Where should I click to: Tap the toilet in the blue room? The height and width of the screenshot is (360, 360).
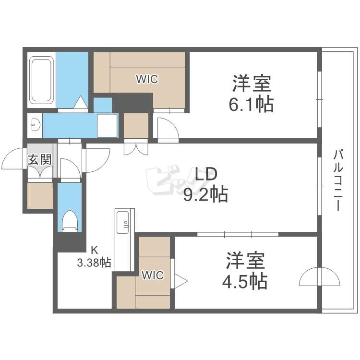coord(70,221)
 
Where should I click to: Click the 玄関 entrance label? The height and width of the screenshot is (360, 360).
coord(39,160)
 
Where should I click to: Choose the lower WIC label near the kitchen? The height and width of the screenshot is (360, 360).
coord(153,275)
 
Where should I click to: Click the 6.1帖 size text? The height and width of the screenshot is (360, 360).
coord(251,104)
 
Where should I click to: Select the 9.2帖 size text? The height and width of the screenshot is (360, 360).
coord(205,194)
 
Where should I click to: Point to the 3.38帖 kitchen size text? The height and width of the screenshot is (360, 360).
coord(94,263)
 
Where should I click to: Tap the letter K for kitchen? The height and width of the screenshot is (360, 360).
coord(95,250)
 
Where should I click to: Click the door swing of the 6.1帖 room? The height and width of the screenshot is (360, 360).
coord(167,130)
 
